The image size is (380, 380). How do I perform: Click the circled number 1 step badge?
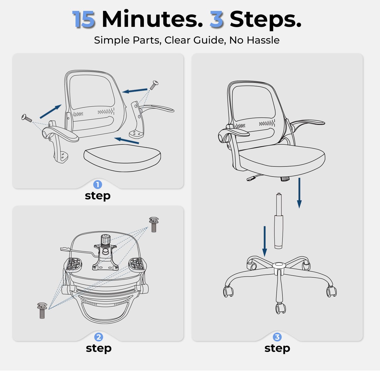coord(98,184)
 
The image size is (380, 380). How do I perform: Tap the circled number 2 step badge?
coord(99,337)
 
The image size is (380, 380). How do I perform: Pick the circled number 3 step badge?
coord(277,337)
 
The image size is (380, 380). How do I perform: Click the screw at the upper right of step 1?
coord(154,85)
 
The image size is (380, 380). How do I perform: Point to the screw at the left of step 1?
coord(27,118)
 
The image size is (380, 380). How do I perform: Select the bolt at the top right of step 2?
coord(154,224)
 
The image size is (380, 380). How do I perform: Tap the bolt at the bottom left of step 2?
coord(42,310)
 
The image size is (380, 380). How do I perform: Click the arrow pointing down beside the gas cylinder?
coord(265,241)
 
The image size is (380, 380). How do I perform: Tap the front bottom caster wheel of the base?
coord(280,308)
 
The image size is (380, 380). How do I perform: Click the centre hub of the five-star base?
coord(279,266)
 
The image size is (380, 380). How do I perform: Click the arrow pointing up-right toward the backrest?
coord(51,111)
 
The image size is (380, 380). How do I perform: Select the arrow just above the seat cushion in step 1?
coord(127,141)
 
